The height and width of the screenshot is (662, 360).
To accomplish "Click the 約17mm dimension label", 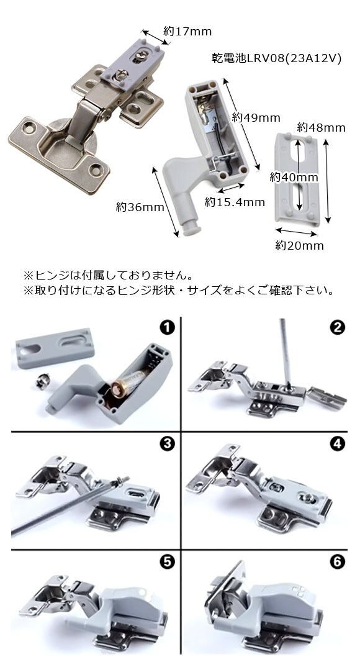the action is [187, 31].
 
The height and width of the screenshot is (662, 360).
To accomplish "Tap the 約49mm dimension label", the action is [256, 118].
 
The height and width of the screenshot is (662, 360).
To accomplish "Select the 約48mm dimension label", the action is [321, 127].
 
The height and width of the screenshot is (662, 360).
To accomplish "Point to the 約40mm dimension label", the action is [294, 178].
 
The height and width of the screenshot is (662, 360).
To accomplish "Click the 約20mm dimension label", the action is [300, 246].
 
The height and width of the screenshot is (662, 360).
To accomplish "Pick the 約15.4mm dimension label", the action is [235, 202].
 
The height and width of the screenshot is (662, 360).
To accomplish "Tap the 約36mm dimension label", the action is [140, 207].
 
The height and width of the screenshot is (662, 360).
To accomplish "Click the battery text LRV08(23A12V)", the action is [294, 58].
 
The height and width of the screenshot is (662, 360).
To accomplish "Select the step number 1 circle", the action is [168, 328].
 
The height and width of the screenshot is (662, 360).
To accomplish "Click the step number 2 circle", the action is [337, 328].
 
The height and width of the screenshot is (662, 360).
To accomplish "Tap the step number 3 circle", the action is [168, 444].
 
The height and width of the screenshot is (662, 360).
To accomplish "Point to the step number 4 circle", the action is [337, 444].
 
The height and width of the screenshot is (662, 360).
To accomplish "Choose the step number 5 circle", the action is [168, 562].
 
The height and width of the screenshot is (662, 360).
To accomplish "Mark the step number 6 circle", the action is [337, 562].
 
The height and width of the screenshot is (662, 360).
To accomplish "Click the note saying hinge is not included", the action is [109, 276].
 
